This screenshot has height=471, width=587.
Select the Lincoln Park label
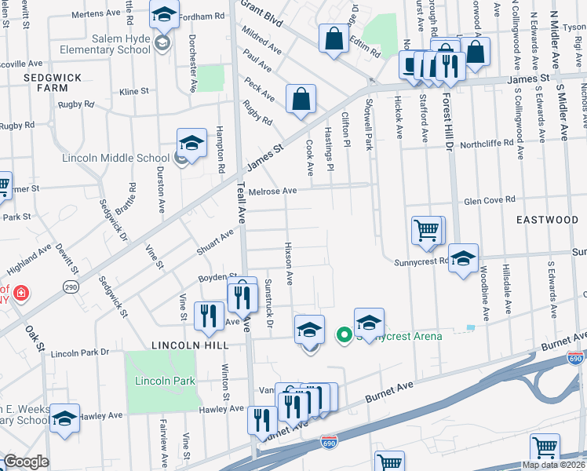tap(165, 382)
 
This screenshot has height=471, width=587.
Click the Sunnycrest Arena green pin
tap(343, 335)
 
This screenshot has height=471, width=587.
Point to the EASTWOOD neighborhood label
tap(547, 220)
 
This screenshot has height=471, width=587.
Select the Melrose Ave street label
tap(272, 191)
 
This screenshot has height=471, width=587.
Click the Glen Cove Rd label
tap(489, 199)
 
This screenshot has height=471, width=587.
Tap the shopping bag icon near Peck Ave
tap(301, 100)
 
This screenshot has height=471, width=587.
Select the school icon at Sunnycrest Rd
tap(464, 258)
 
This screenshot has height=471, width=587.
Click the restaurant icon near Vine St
tap(208, 316)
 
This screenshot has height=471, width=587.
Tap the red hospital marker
tap(22, 294)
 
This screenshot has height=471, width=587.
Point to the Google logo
tap(26, 462)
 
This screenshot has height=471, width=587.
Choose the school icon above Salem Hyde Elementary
tap(165, 15)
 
